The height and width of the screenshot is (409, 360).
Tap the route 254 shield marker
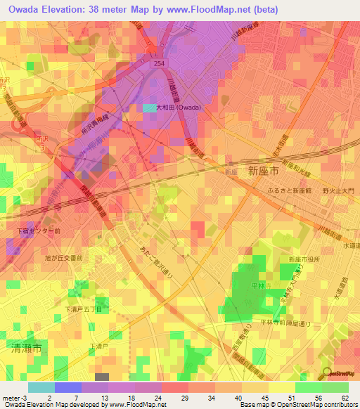[x=162, y=63]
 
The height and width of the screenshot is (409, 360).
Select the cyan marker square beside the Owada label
[x=150, y=108]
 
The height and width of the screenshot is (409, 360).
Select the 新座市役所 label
[x=304, y=259]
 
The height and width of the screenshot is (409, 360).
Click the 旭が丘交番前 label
[x=64, y=258]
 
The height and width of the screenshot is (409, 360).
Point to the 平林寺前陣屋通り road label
[x=284, y=324]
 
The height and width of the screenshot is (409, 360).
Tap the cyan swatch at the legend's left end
[x=41, y=387]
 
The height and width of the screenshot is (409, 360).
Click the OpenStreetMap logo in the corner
[x=338, y=373]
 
